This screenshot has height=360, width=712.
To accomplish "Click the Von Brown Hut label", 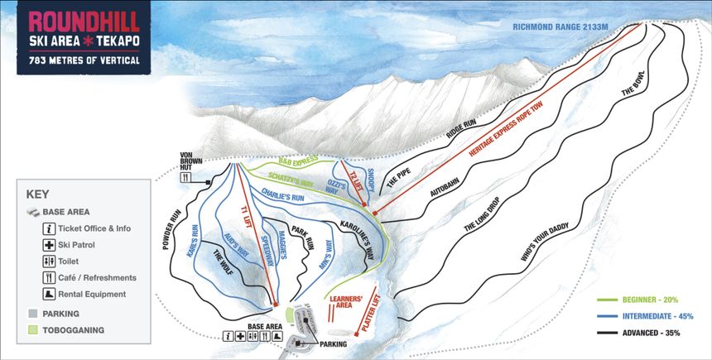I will (192, 160).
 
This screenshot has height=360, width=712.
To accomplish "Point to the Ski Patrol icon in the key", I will (50, 246).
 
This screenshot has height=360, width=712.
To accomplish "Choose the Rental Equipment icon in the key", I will (50, 294).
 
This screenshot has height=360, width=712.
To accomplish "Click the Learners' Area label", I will (344, 300).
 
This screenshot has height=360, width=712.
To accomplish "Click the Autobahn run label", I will (448, 182).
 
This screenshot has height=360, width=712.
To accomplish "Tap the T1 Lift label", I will (246, 220).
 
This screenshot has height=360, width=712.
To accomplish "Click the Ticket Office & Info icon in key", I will (50, 228).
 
